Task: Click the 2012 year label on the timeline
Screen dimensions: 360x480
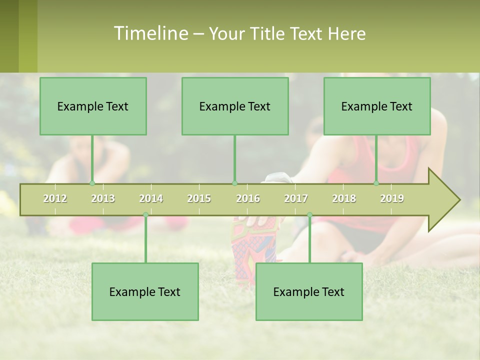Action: click(55, 198)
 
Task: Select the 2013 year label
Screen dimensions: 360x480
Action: click(103, 198)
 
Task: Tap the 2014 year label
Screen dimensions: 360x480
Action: click(151, 198)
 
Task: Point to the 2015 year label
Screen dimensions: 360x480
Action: click(199, 198)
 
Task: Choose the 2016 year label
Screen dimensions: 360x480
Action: click(248, 198)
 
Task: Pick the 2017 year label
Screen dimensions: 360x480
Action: click(296, 198)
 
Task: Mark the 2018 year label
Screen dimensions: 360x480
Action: click(344, 198)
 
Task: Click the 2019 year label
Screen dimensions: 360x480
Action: click(392, 198)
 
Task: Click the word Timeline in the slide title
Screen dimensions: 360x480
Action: click(150, 33)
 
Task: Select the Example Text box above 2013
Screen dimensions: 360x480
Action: click(93, 106)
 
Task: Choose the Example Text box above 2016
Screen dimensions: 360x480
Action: click(235, 106)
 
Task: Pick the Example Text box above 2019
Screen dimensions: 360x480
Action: click(377, 106)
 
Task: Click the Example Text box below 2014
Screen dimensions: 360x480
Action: click(145, 291)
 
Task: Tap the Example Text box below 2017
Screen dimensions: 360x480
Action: click(309, 291)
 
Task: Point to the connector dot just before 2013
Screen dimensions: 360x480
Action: click(92, 183)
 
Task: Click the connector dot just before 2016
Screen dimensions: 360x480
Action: click(234, 183)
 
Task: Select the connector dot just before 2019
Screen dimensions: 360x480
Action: click(376, 183)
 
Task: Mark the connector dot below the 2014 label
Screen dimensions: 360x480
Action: click(145, 215)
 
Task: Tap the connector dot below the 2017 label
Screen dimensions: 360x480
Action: click(309, 215)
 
